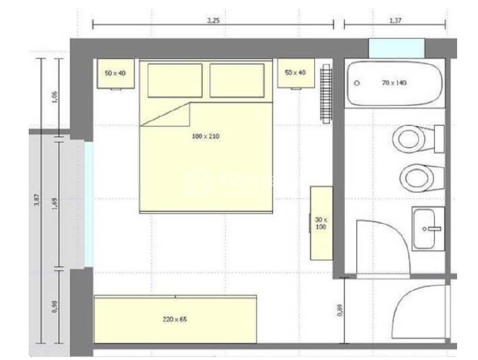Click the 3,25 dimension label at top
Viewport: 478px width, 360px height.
point(213,20)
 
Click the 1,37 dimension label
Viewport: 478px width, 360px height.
point(395,20)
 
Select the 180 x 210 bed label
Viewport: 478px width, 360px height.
point(206,137)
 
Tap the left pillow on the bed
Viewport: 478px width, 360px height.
point(174,81)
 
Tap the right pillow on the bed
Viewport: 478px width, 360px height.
point(237,81)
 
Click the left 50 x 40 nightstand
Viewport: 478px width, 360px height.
point(115,74)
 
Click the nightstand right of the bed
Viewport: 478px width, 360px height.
point(295,73)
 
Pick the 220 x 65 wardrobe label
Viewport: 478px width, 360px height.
point(174,319)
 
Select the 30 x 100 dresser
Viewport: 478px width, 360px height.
point(321,222)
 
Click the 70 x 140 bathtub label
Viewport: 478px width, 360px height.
point(394,83)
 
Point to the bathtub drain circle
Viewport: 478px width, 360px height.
point(357,84)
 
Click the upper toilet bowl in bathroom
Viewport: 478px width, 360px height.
point(410,139)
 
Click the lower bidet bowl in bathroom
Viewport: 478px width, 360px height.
point(416,177)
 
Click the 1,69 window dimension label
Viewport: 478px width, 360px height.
point(54,202)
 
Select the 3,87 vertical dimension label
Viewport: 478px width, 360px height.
point(36,201)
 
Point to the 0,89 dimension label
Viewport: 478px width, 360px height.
point(339,311)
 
